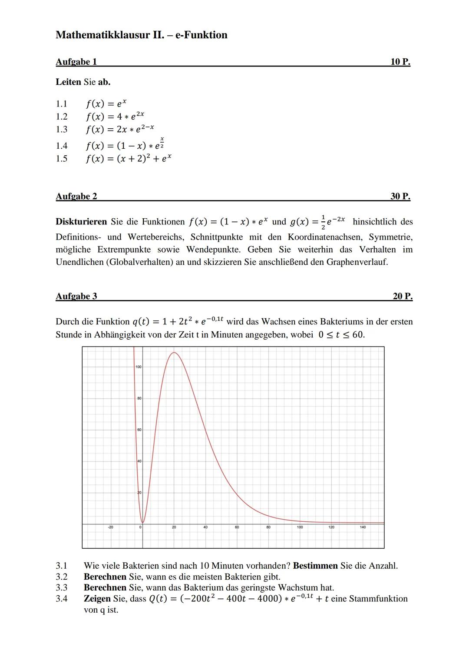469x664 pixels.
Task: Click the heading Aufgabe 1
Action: point(76,62)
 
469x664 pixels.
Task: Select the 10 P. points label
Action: point(400,62)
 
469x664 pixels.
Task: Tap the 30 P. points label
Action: point(400,197)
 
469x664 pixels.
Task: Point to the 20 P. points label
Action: point(402,297)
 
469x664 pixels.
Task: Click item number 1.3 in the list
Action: point(62,129)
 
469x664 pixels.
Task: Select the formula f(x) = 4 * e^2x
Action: point(115,117)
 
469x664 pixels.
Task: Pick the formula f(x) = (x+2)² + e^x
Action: point(128,159)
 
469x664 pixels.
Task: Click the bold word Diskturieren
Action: point(81,222)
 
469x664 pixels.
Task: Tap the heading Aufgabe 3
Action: point(76,297)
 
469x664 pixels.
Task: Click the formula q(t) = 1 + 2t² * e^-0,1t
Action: point(178,321)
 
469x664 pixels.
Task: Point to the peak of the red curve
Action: point(174,353)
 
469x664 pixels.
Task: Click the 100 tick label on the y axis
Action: point(139,367)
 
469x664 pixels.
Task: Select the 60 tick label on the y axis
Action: point(139,430)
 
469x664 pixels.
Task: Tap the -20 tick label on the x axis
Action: point(110,527)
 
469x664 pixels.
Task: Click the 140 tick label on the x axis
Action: point(363,527)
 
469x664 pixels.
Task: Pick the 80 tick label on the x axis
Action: point(268,527)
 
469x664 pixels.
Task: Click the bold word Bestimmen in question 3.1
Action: point(315,566)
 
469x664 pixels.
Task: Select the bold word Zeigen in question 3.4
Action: point(97,599)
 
